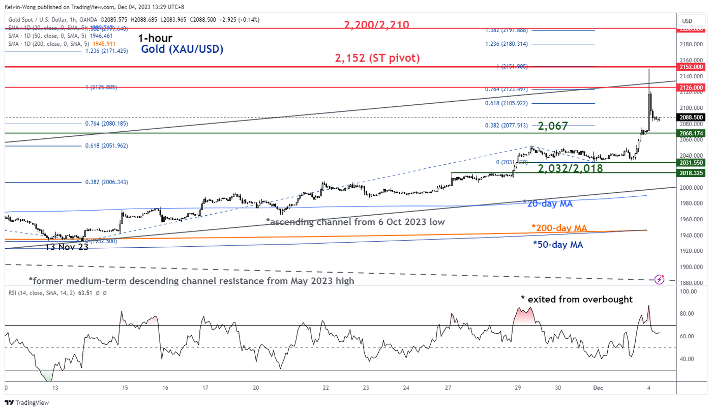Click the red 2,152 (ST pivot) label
377,58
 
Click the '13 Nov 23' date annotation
67,247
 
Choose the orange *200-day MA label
559,228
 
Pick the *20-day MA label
548,203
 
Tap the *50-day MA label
557,244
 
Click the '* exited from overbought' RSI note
576,299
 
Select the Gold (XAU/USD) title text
182,50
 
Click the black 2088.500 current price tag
691,117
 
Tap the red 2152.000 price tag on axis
691,67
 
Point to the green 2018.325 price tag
691,173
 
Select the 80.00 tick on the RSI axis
689,314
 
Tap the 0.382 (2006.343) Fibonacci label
106,182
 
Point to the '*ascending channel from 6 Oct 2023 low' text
355,222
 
